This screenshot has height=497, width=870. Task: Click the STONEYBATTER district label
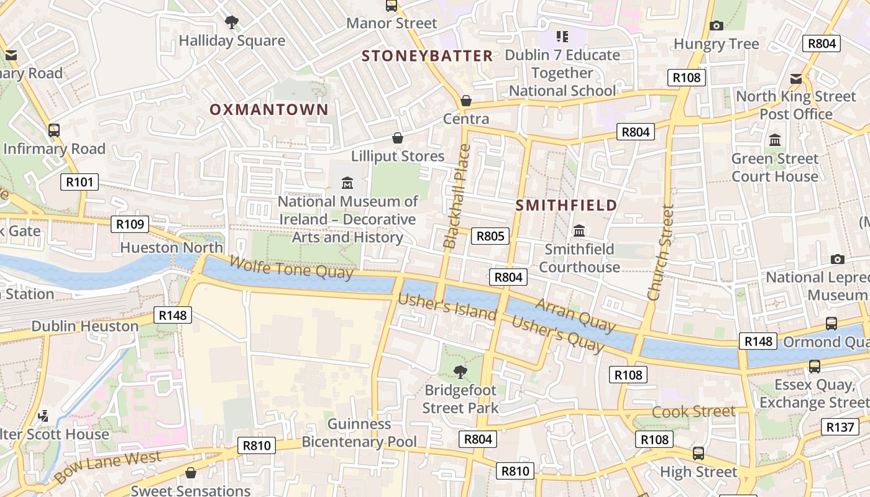pos(427,56)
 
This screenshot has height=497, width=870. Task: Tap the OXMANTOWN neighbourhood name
pos(268,110)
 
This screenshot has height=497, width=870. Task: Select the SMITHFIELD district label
pos(566,205)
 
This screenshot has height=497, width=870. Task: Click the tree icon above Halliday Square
pos(232,23)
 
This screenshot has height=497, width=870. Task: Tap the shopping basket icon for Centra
pos(465,101)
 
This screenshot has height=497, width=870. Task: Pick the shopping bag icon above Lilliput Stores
pos(398,138)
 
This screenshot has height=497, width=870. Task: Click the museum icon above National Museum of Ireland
pos(347,183)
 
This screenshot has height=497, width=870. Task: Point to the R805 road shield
pos(490,236)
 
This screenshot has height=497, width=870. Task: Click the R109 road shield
pos(130,224)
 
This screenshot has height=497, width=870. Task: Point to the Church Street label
pos(660,253)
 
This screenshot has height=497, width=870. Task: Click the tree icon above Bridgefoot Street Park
pos(460,372)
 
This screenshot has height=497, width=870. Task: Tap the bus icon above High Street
pos(698,454)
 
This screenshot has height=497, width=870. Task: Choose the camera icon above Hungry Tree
pos(716,25)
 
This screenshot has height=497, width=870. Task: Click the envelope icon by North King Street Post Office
pos(796,79)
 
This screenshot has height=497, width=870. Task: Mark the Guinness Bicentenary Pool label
pos(359,433)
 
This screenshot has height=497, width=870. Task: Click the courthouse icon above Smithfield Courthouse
pos(579,231)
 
